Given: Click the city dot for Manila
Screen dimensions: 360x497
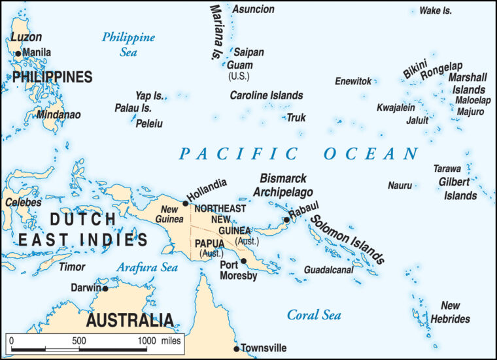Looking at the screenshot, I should click(18, 53).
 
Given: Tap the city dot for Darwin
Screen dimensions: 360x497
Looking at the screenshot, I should click(105, 288).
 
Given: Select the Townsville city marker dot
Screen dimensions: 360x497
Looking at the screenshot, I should click(237, 349).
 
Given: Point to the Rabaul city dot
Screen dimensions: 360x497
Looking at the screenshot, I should click(286, 220).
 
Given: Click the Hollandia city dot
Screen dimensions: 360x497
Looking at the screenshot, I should click(186, 203).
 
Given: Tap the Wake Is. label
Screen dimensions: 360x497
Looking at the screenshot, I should click(436, 10).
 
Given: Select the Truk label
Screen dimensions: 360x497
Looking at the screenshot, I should click(296, 118).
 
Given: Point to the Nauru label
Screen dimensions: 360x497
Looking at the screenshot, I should click(400, 186).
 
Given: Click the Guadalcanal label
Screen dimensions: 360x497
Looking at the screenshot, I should click(328, 269).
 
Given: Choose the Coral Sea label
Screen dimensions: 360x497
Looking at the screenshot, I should click(314, 315).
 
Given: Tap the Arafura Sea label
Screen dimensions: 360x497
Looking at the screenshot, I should click(147, 267).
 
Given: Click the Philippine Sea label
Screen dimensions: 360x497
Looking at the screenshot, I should click(128, 44).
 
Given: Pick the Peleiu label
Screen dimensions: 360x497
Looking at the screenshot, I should click(149, 123).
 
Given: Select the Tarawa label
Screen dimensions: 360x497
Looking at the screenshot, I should click(447, 169).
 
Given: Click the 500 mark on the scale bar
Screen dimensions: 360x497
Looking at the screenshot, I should click(79, 340).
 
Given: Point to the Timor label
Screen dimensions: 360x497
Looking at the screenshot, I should click(72, 267).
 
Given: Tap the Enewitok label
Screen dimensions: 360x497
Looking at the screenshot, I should click(353, 81).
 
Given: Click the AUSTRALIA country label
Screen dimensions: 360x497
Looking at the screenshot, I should click(130, 320).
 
